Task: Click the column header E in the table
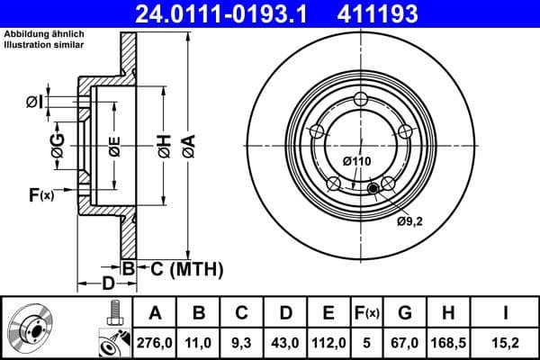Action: click(328, 312)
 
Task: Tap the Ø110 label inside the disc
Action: click(356, 161)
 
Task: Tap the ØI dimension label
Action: click(33, 102)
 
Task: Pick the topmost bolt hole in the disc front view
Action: click(361, 99)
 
